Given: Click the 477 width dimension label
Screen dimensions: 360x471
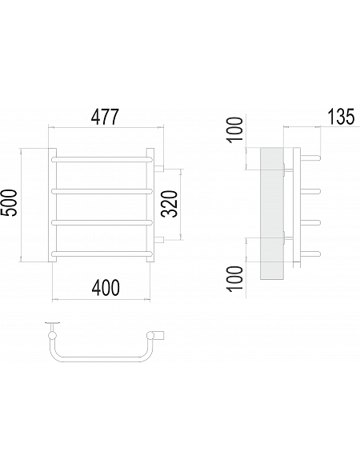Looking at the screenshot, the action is pos(106,117).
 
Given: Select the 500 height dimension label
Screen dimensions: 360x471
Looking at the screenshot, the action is pos(9,202).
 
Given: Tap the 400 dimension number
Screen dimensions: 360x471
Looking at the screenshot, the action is pos(106,288).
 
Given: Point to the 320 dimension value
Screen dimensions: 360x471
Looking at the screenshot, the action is pos(171,204).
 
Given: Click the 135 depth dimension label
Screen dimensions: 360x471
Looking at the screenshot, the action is pos(341,117).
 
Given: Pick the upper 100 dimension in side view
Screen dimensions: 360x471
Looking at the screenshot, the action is pos(235,130).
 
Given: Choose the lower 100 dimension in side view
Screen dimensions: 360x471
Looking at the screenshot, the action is pos(235,278).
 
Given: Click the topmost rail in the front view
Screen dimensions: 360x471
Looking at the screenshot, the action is pos(102,159).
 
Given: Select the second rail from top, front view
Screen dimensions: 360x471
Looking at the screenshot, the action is pos(102,191).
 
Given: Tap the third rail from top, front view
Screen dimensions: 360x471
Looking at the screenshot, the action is pos(102,222).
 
